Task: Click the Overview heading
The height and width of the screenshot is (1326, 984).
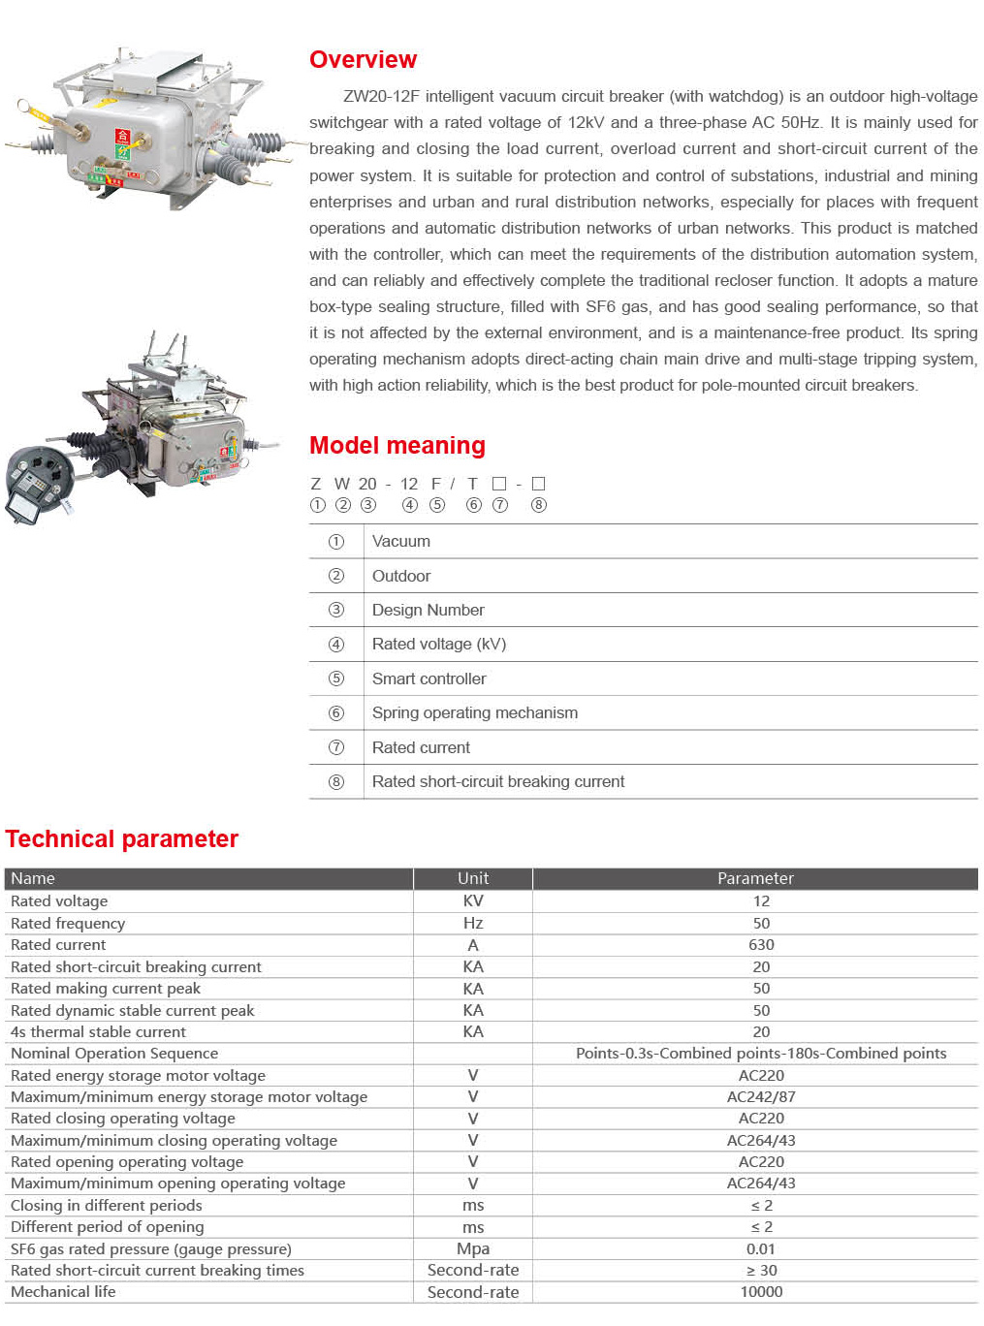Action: pyautogui.click(x=363, y=60)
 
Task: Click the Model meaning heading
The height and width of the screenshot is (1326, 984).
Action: pyautogui.click(x=397, y=446)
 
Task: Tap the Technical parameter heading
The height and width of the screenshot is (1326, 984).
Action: pyautogui.click(x=121, y=839)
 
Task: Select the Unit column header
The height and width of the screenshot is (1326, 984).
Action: pyautogui.click(x=473, y=878)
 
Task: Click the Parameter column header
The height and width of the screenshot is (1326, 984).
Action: pyautogui.click(x=755, y=878)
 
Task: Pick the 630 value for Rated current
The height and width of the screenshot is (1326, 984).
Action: pyautogui.click(x=761, y=945)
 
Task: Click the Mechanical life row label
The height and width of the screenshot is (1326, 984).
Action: pyautogui.click(x=63, y=1292)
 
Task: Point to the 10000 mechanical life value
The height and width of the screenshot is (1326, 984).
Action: pyautogui.click(x=761, y=1292)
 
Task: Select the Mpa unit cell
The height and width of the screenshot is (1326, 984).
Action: pyautogui.click(x=473, y=1248)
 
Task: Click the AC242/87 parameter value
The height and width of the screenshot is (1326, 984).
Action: pyautogui.click(x=761, y=1097)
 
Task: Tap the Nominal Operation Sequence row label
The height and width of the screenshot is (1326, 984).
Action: pyautogui.click(x=114, y=1054)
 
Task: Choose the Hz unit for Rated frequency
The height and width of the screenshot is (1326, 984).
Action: pyautogui.click(x=473, y=924)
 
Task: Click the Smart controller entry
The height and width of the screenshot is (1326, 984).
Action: pyautogui.click(x=429, y=679)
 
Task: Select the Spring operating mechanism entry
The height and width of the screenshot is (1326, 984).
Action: pyautogui.click(x=474, y=713)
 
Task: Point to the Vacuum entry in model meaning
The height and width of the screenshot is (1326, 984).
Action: pyautogui.click(x=400, y=542)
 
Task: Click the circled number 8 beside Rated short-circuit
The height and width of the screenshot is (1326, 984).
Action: pyautogui.click(x=336, y=782)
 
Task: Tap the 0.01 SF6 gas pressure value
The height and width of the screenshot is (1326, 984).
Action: pyautogui.click(x=761, y=1248)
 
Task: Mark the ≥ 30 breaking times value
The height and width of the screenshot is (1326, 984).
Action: pyautogui.click(x=761, y=1271)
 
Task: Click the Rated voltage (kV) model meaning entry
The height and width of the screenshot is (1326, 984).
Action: pyautogui.click(x=438, y=645)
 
